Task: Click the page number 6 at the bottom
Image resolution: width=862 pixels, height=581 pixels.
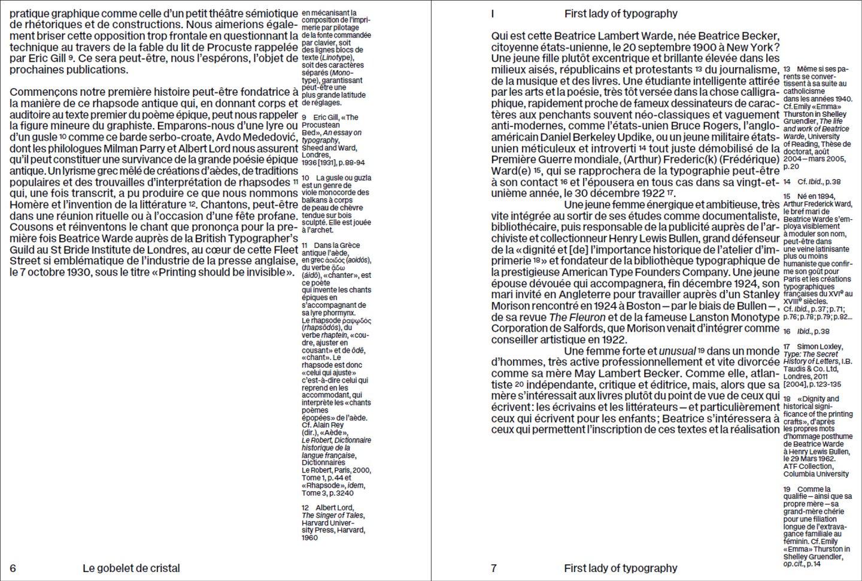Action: click(13, 568)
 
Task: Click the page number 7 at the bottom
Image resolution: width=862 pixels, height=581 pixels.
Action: click(494, 568)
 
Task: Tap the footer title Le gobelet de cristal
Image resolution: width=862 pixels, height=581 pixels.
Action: click(131, 568)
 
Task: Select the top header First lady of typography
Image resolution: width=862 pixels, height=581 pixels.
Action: click(621, 14)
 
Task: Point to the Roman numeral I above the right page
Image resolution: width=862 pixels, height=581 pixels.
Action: click(493, 14)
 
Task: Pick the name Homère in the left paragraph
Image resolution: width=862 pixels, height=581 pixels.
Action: click(29, 205)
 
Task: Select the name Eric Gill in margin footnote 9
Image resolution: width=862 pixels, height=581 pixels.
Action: click(326, 117)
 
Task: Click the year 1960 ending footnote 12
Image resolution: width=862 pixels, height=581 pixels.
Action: click(310, 538)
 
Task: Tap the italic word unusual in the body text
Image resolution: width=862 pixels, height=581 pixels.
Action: click(677, 352)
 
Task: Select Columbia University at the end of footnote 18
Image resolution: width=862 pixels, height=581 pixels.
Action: click(816, 474)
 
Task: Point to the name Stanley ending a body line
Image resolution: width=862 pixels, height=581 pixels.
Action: click(761, 295)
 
